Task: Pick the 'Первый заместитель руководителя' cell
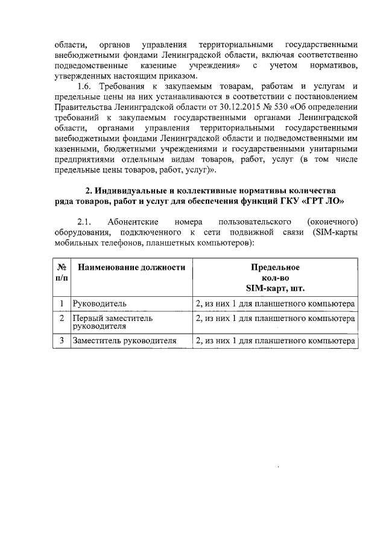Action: coord(112,322)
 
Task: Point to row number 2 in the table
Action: coord(62,317)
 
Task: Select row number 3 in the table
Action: coord(62,341)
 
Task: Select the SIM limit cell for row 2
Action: coord(275,317)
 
